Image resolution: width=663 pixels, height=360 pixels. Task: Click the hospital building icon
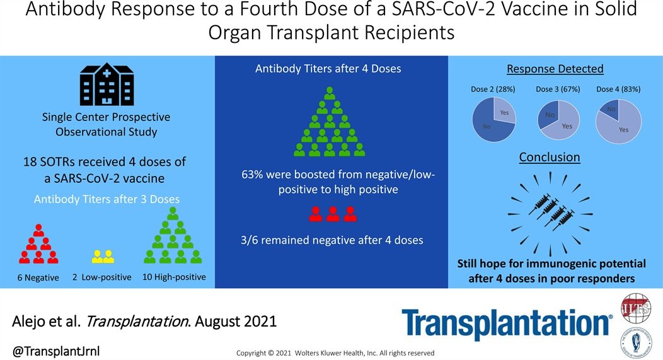click(107, 84)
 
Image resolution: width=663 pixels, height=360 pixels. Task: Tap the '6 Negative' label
click(38, 277)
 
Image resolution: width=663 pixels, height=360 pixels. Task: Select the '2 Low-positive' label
click(102, 277)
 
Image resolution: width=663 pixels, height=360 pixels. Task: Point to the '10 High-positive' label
click(174, 277)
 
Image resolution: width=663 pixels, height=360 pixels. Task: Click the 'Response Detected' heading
click(555, 69)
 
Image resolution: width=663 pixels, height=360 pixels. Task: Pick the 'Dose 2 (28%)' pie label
click(493, 90)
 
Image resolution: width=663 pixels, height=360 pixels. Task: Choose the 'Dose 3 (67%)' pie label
click(558, 90)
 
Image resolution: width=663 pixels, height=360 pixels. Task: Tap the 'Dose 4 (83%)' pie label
click(619, 90)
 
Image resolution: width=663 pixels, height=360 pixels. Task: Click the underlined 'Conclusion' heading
click(550, 157)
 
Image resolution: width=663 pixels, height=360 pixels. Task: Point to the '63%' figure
click(253, 174)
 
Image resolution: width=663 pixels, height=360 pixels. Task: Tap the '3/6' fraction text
click(249, 240)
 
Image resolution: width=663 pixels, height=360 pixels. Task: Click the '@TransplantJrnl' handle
click(56, 351)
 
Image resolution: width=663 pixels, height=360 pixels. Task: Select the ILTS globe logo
click(635, 308)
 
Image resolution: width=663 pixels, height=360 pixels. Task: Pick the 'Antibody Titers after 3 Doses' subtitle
click(107, 199)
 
